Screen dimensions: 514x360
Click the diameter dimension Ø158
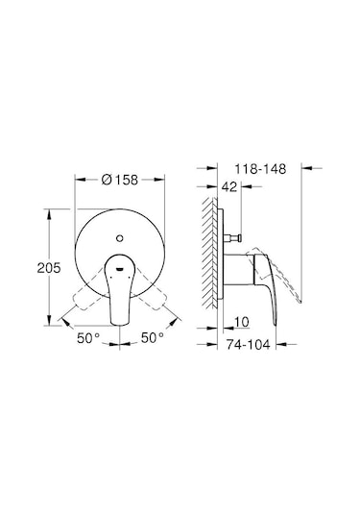click(122, 181)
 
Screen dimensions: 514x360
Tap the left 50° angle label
click(88, 337)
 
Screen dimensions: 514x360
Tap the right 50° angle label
click(153, 337)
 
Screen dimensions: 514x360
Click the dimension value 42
click(228, 188)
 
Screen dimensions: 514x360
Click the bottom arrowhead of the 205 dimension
click(47, 329)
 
